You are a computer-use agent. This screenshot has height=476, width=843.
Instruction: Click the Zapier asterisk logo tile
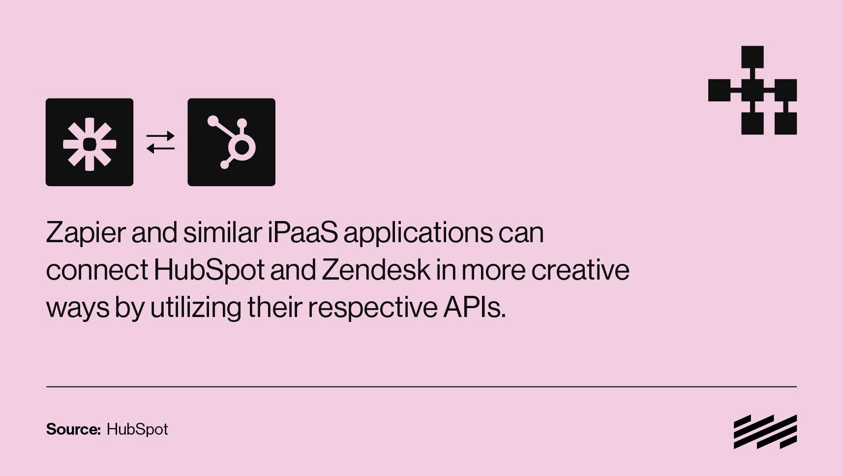[x=90, y=142]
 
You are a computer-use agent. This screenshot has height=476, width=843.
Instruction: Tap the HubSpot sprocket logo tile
[x=232, y=142]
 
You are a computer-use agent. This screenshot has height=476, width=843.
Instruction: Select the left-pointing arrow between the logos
[x=161, y=149]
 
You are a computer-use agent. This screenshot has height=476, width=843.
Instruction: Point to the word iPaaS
[x=303, y=232]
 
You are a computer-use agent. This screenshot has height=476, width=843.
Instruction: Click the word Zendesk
[x=376, y=270]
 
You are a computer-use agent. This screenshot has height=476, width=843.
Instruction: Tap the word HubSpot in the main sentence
[x=209, y=270]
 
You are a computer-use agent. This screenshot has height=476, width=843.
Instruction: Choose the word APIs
[x=475, y=307]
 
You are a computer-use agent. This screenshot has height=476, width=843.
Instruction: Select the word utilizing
[x=196, y=308]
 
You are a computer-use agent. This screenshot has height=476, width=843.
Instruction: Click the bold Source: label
[x=73, y=429]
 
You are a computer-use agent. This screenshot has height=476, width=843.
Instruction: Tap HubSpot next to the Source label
[x=137, y=430]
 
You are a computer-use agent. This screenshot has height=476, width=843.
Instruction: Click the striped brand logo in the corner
[x=765, y=432]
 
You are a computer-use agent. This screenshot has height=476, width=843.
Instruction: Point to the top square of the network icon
[x=753, y=57]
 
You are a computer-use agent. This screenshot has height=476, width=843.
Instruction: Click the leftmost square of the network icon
[x=719, y=91]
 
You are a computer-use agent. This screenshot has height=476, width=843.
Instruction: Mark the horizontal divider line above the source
[x=421, y=387]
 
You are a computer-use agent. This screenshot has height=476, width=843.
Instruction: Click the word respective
[x=373, y=308]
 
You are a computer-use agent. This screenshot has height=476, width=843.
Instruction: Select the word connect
[x=97, y=270]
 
